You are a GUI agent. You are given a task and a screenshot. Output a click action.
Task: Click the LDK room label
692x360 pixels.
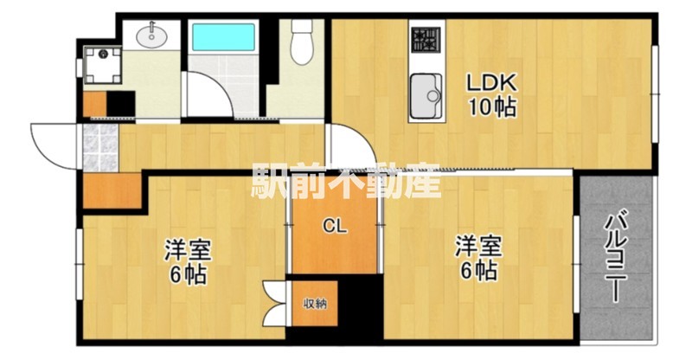[491, 82]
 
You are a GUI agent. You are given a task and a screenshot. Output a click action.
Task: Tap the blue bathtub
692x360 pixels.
[223, 37]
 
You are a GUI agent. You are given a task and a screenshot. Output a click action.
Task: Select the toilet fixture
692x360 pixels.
[302, 42]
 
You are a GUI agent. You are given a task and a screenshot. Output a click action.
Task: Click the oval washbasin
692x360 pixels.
[152, 36]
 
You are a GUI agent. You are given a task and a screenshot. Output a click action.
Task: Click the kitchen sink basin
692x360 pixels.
[426, 95]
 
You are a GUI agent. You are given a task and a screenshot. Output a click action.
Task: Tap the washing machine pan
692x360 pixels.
[103, 65]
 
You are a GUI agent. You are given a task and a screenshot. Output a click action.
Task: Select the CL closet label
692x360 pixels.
[335, 227]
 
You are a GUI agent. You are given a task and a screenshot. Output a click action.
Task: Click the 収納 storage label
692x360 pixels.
[315, 304]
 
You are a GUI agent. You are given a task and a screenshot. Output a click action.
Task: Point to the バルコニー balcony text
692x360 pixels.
[615, 258]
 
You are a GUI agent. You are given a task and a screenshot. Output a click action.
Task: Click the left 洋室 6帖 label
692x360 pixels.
[188, 261]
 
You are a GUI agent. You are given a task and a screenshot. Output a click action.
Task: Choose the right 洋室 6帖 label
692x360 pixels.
[479, 259]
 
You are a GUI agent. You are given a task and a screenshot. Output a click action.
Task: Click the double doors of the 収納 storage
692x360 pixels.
[274, 303]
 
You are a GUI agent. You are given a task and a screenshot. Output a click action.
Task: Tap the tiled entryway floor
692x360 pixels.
[100, 147]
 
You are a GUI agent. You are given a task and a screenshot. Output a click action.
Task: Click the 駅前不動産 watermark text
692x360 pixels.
[346, 180]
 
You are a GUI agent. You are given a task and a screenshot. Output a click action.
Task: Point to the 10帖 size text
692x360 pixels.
[492, 106]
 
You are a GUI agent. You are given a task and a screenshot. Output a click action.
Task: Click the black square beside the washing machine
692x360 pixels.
[121, 104]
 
